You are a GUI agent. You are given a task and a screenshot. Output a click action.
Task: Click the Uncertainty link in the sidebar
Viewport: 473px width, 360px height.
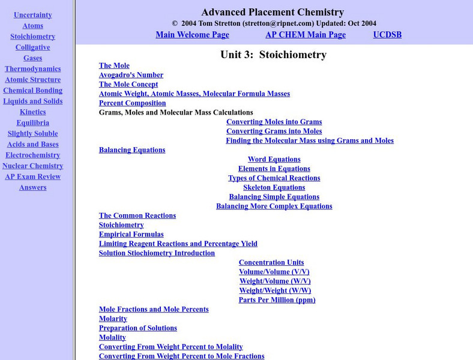pos(32,15)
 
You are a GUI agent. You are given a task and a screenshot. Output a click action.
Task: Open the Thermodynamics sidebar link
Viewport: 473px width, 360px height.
pos(32,69)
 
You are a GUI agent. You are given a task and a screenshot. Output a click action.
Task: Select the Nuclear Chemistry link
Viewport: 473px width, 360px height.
pos(32,166)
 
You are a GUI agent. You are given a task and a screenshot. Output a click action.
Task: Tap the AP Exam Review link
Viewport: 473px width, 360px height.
pos(32,177)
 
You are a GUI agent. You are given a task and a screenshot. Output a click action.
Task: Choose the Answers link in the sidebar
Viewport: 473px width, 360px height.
pos(32,188)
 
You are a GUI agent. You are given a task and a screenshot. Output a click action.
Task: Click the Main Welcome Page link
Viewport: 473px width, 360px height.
pos(192,35)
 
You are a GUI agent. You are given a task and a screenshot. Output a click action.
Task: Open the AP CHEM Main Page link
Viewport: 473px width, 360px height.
pos(306,35)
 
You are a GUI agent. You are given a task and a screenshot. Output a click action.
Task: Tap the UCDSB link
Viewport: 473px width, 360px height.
pos(387,35)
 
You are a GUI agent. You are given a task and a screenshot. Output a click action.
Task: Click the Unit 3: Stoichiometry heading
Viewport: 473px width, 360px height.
pos(273,55)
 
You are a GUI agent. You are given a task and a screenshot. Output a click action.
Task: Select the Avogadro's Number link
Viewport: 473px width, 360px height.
pos(131,75)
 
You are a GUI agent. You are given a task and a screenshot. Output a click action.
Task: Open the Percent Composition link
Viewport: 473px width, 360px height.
pos(132,103)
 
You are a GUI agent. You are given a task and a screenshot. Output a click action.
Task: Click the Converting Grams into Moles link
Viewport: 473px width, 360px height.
pos(274,131)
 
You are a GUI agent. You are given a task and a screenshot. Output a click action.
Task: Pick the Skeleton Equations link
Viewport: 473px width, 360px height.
pos(274,188)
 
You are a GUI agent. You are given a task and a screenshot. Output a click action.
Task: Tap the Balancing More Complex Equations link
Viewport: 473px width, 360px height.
pos(274,206)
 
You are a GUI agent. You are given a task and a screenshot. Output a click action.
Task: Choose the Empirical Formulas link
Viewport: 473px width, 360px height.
pos(131,235)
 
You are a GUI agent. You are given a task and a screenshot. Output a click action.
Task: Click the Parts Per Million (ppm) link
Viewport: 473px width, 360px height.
pos(277,300)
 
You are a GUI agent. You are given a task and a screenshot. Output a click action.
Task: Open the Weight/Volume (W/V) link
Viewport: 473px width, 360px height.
pos(275,281)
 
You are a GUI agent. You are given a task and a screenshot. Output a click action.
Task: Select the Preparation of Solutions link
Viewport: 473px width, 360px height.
pos(137,328)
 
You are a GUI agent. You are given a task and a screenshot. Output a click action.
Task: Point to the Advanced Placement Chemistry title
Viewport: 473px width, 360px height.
pos(273,12)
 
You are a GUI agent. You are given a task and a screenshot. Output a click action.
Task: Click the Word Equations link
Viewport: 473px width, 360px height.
pos(274,160)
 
